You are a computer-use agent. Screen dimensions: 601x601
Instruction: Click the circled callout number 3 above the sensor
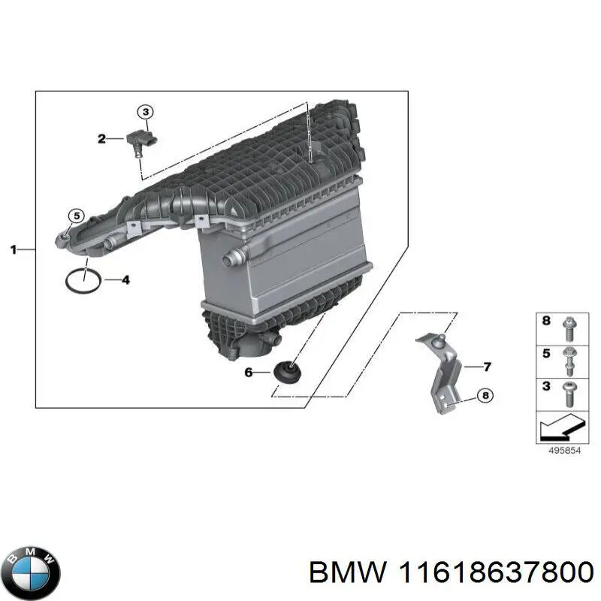point(146,112)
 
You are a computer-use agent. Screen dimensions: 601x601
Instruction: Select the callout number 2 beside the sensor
point(101,138)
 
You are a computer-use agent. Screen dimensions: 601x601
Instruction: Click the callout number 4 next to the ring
point(125,280)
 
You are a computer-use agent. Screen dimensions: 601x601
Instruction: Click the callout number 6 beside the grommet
point(249,371)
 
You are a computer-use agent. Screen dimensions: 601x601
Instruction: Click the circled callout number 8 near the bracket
point(485,395)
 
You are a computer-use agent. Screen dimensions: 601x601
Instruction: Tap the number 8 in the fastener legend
point(547,321)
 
